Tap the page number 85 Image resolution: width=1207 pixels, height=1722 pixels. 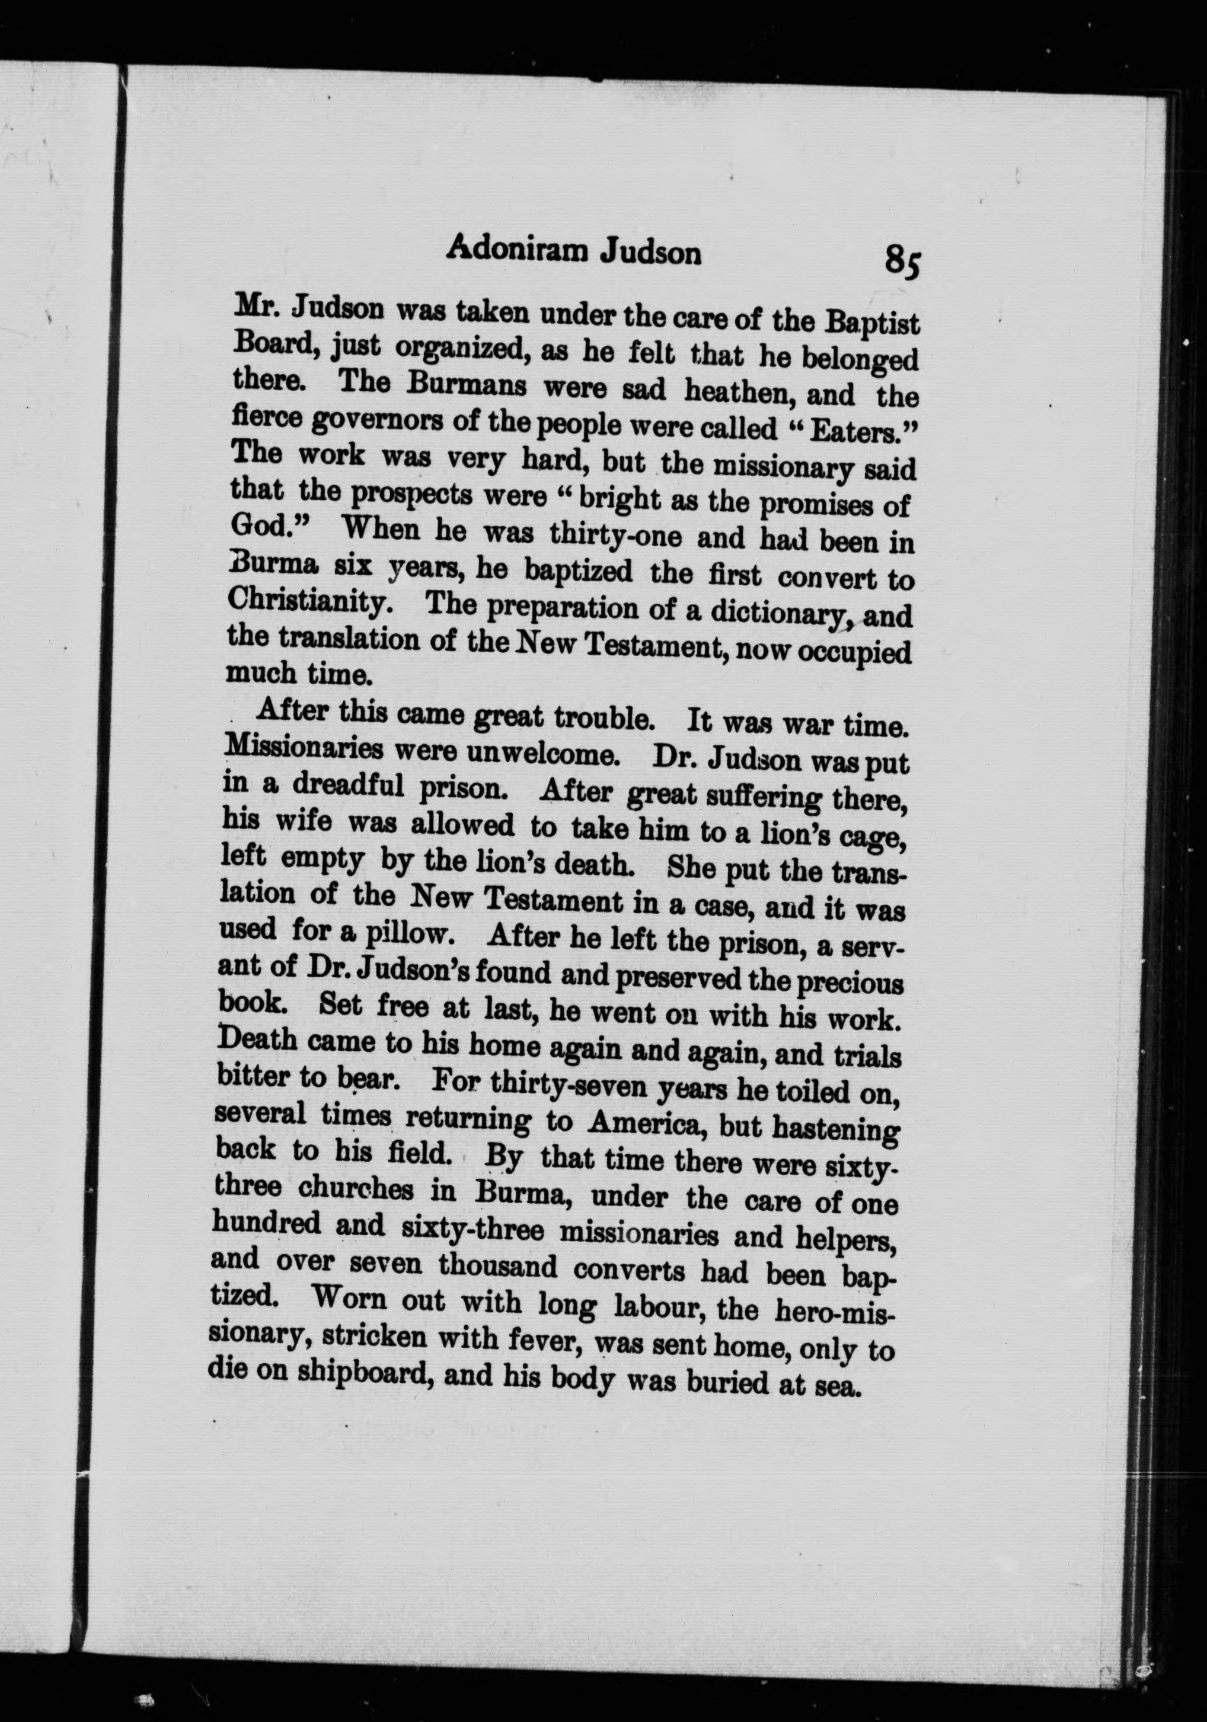coord(903,261)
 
